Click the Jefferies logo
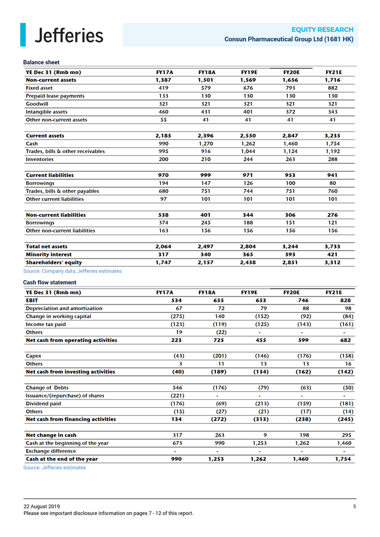point(62,36)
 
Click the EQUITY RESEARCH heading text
point(323,29)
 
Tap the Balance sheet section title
point(41,62)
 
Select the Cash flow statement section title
point(50,283)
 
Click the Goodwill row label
point(39,104)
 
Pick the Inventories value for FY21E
point(332,160)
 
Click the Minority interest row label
point(48,254)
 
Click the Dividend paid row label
point(43,404)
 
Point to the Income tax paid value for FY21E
point(345,324)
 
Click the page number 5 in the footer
point(354,507)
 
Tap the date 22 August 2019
point(44,507)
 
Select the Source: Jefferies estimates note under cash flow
point(55,468)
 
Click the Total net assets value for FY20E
point(290,246)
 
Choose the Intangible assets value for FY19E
point(249,112)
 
